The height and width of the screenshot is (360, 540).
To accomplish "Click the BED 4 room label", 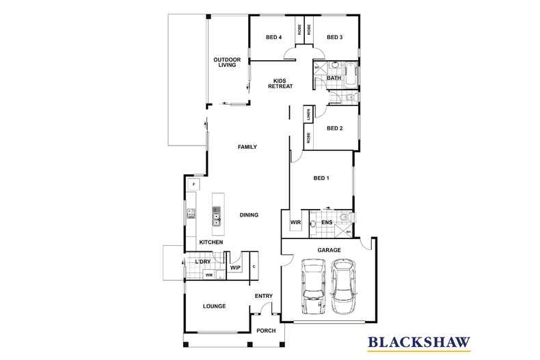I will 273,38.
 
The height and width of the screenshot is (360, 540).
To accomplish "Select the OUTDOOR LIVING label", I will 226,62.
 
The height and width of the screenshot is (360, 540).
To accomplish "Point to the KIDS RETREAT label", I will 279,83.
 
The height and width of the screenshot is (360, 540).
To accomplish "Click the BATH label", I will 334,79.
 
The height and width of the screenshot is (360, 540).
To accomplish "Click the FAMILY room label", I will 247,147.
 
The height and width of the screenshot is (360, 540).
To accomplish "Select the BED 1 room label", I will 321,178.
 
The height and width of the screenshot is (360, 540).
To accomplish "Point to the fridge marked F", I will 193,185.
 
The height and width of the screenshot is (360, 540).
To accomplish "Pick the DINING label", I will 249,215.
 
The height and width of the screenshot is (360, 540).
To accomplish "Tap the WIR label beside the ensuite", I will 296,222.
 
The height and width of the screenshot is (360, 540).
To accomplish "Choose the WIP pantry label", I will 234,268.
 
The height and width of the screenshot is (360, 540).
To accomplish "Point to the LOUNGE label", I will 215,306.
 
